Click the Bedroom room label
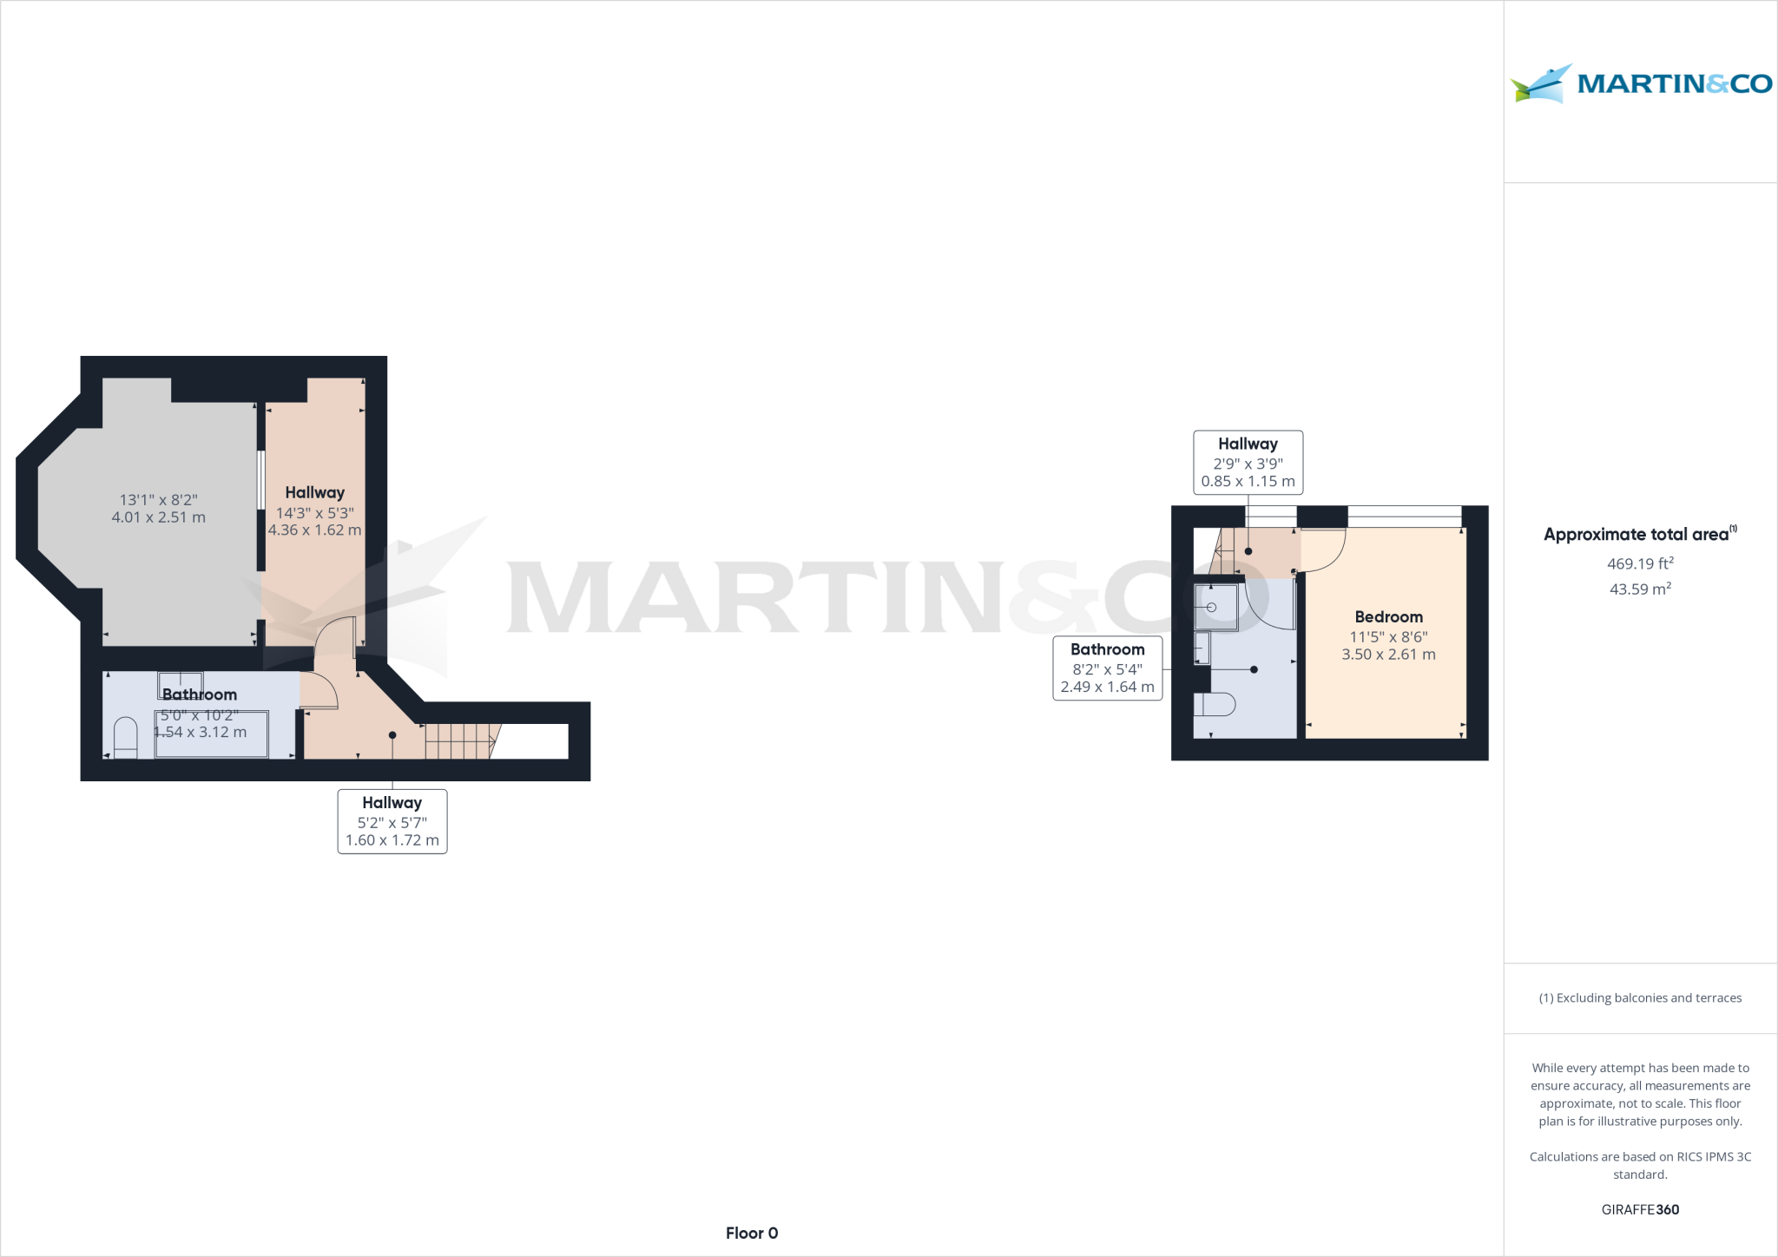(x=1388, y=617)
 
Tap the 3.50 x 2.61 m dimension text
(x=1388, y=655)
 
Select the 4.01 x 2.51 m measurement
(x=159, y=517)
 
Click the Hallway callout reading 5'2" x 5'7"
(x=392, y=821)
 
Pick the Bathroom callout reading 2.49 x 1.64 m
(x=1107, y=668)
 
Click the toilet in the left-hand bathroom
(x=126, y=737)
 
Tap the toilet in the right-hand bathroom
(x=1215, y=704)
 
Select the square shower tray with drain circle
(x=1215, y=607)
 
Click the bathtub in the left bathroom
(x=212, y=734)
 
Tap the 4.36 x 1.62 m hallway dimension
(x=315, y=530)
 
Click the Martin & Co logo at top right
(x=1641, y=84)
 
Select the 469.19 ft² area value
(x=1640, y=563)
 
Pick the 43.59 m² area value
(x=1640, y=589)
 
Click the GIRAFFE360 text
(x=1640, y=1209)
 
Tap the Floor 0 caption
(x=752, y=1233)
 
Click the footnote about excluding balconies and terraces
(x=1640, y=998)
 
